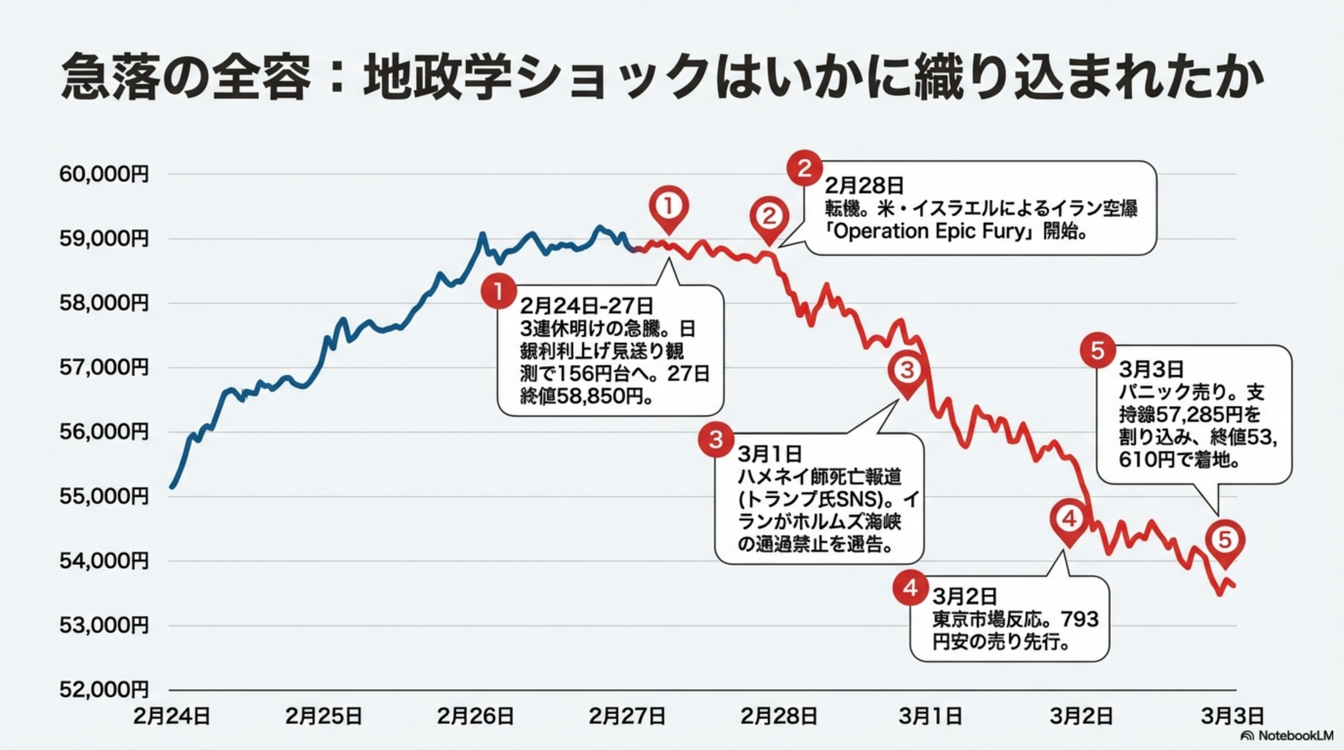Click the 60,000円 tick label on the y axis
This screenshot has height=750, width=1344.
tap(104, 174)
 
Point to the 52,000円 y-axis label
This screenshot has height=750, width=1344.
tap(104, 690)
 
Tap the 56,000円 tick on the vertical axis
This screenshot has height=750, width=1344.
tap(104, 432)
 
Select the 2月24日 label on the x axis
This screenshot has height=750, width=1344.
tap(172, 716)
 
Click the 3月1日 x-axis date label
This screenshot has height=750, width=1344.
tap(930, 716)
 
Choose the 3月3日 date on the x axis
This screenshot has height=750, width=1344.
tap(1232, 716)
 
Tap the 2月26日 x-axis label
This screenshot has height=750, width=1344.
tap(475, 716)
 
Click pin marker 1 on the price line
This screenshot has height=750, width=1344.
tap(668, 207)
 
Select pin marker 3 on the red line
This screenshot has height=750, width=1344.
tap(907, 371)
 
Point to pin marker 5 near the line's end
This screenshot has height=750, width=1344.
tap(1225, 540)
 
